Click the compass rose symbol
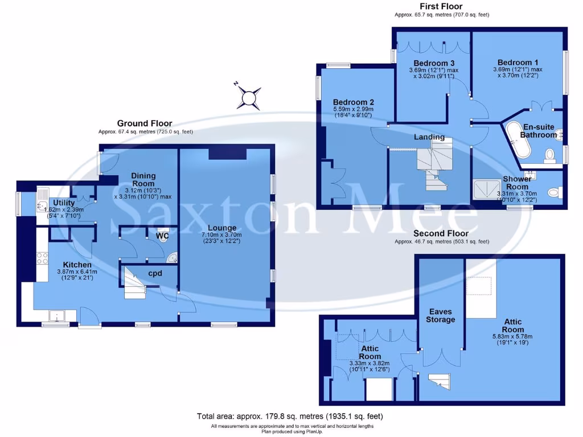pyautogui.click(x=249, y=97)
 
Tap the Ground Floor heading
pyautogui.click(x=145, y=123)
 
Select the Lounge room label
pyautogui.click(x=225, y=228)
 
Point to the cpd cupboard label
pyautogui.click(x=155, y=274)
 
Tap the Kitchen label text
pyautogui.click(x=77, y=265)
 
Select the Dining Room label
pyautogui.click(x=143, y=180)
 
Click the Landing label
pyautogui.click(x=429, y=137)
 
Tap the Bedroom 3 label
pyautogui.click(x=434, y=63)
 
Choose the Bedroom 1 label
pyautogui.click(x=518, y=63)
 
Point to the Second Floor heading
pyautogui.click(x=441, y=233)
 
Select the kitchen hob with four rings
pyautogui.click(x=42, y=258)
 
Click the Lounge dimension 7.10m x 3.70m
pyautogui.click(x=225, y=235)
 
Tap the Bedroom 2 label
pyautogui.click(x=353, y=102)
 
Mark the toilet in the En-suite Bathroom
pyautogui.click(x=549, y=154)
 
